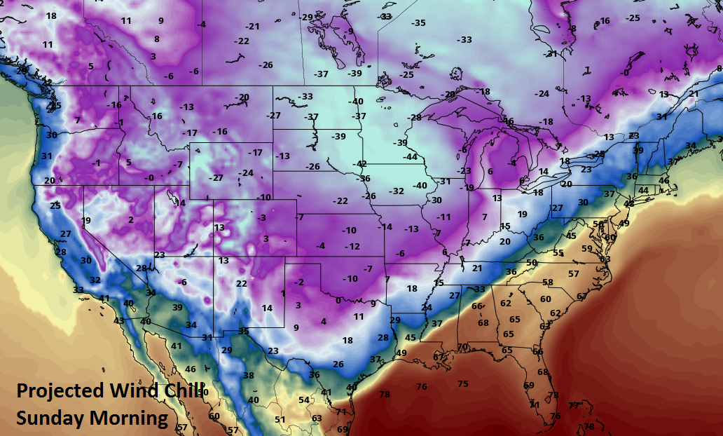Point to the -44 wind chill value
click(410, 156)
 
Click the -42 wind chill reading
click(360, 163)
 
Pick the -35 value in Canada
click(418, 23)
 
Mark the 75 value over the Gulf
click(462, 383)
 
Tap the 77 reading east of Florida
click(574, 405)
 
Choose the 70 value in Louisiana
click(462, 347)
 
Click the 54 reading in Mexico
click(304, 400)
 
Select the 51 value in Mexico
click(280, 419)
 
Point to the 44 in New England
click(642, 191)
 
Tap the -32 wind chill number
click(397, 191)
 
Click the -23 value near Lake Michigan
click(464, 170)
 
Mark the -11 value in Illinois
click(443, 217)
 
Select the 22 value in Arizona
click(241, 283)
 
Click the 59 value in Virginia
click(586, 247)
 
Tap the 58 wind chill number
click(548, 282)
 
